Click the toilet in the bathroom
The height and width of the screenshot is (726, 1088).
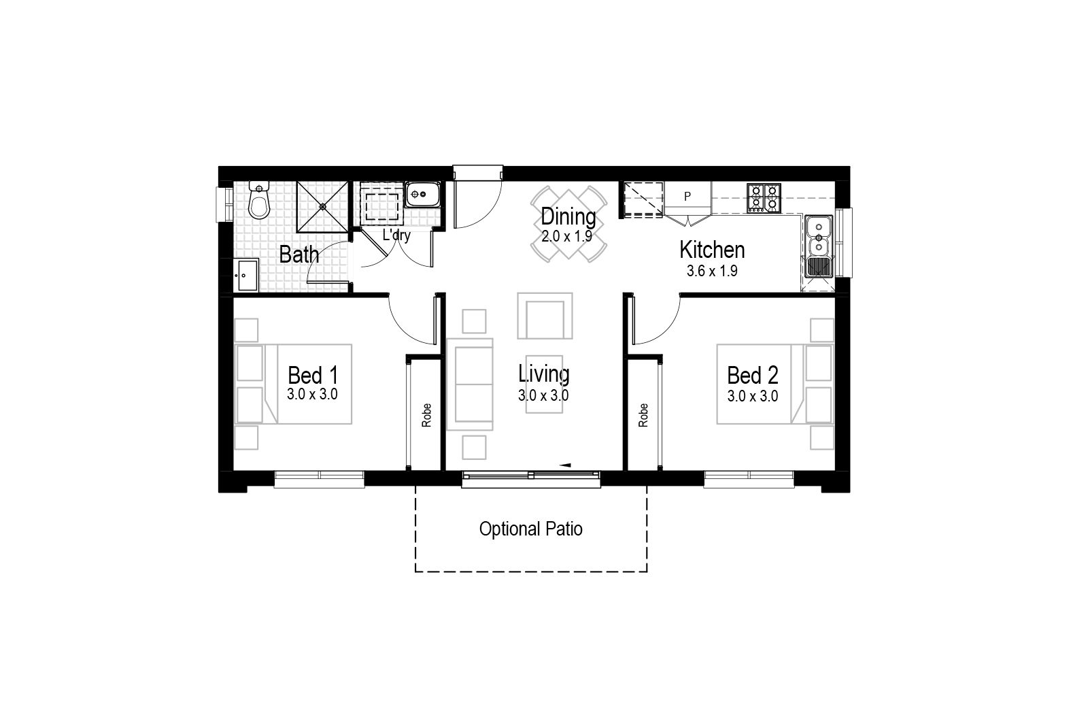(x=259, y=200)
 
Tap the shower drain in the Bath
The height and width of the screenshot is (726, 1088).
(x=322, y=207)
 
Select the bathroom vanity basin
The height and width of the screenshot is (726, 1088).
(x=246, y=275)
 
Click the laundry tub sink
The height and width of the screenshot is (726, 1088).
(x=422, y=195)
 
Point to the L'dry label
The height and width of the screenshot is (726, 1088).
(x=396, y=235)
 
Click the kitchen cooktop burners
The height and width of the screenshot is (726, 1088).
(x=764, y=198)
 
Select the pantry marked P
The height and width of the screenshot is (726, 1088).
(x=687, y=196)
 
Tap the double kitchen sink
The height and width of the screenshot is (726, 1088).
(x=819, y=246)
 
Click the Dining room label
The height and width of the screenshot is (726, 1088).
(x=568, y=217)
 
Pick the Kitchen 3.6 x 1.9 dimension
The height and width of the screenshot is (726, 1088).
(x=712, y=271)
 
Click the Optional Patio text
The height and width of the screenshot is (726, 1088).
(x=531, y=529)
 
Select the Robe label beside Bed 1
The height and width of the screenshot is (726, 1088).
(x=426, y=416)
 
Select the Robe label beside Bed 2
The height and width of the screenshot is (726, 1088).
(x=643, y=416)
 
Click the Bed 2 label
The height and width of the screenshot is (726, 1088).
(x=752, y=375)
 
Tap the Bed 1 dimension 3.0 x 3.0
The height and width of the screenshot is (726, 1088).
(x=312, y=394)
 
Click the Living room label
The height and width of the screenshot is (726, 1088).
(x=543, y=374)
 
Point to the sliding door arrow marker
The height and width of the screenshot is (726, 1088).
(x=564, y=465)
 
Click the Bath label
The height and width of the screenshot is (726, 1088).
(x=299, y=254)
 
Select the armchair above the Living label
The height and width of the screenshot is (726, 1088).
(x=545, y=316)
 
